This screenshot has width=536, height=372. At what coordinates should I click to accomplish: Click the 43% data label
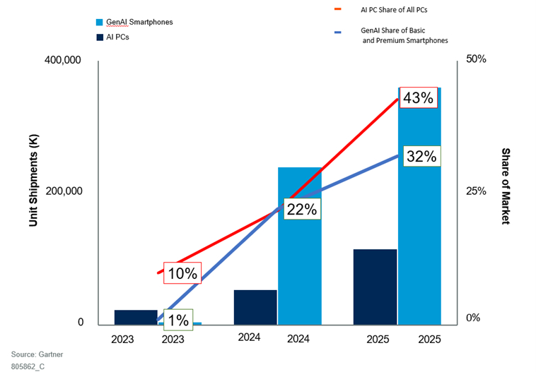point(417,98)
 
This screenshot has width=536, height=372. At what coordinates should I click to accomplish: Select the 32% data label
point(422,157)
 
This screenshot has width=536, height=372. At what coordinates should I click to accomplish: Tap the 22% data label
point(303,209)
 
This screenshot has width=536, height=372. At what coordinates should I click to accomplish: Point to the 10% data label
point(182,273)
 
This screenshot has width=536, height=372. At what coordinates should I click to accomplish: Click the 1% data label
point(177,320)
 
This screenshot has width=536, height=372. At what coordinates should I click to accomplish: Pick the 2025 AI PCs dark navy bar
point(375,287)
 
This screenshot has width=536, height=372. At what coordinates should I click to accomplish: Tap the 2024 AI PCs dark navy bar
point(255,307)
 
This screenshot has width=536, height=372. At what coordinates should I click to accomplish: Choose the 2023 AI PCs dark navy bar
point(136,317)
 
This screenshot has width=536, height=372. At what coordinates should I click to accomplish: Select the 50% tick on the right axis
point(477,59)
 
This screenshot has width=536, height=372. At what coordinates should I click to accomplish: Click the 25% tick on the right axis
point(477,191)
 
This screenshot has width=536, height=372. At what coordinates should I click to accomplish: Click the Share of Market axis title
point(506,186)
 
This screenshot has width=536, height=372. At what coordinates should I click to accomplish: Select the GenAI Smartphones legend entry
point(139,22)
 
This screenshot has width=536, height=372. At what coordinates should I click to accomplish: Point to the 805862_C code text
point(28,366)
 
